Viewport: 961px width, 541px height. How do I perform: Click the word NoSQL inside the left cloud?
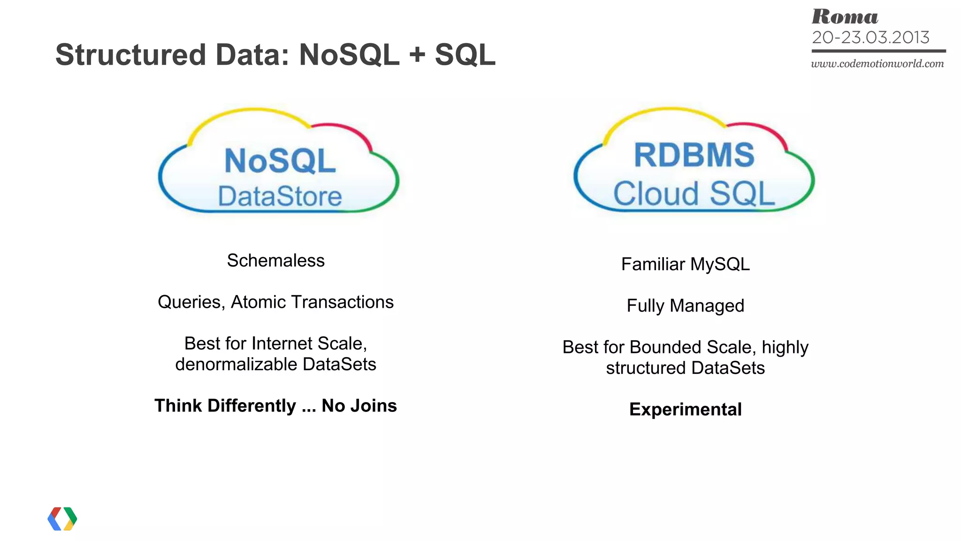pyautogui.click(x=280, y=161)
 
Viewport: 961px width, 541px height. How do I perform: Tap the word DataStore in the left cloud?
pyautogui.click(x=280, y=196)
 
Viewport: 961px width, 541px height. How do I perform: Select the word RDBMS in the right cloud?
pyautogui.click(x=694, y=155)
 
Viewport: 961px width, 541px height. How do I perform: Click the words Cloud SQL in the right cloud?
pyautogui.click(x=694, y=193)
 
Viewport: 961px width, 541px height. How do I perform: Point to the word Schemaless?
pyautogui.click(x=275, y=261)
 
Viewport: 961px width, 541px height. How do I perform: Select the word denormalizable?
pyautogui.click(x=236, y=365)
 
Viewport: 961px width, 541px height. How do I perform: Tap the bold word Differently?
pyautogui.click(x=252, y=406)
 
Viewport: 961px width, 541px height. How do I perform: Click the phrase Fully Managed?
pyautogui.click(x=685, y=306)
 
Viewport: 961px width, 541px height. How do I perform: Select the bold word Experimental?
pyautogui.click(x=685, y=410)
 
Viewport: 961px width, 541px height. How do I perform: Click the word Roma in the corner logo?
pyautogui.click(x=845, y=17)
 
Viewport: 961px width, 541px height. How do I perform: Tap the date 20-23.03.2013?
pyautogui.click(x=870, y=38)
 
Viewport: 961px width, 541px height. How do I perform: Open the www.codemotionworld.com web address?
pyautogui.click(x=877, y=64)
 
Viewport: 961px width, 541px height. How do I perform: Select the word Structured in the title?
pyautogui.click(x=131, y=55)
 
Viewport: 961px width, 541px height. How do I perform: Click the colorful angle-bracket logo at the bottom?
pyautogui.click(x=62, y=518)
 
